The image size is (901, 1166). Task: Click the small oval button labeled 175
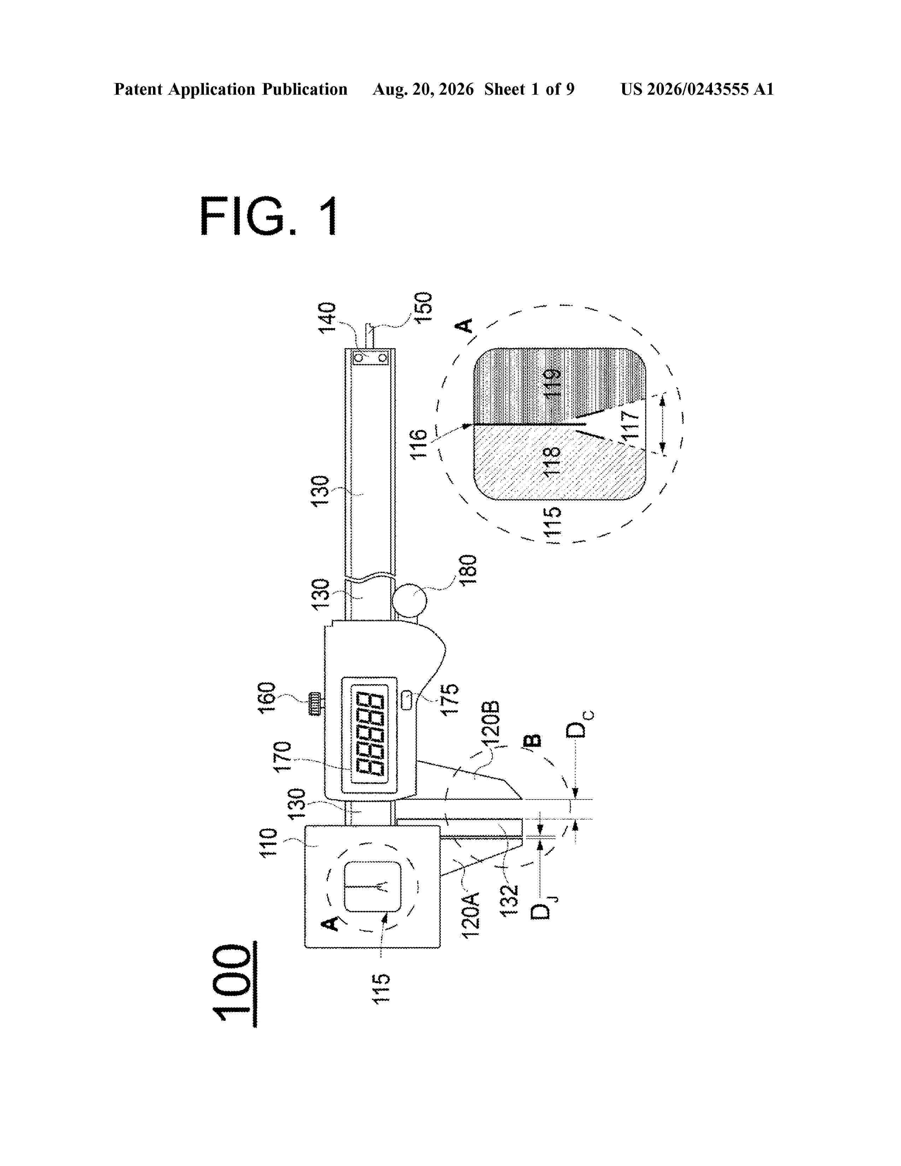click(x=407, y=700)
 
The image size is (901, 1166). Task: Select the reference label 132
click(x=510, y=899)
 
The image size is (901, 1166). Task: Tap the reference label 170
click(x=282, y=756)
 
